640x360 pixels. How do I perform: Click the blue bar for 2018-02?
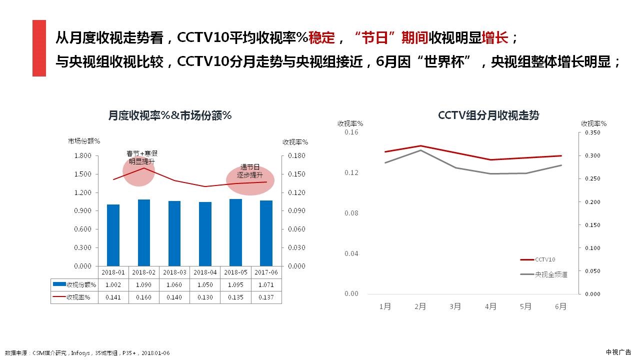144,232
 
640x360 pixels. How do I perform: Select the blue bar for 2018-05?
235,232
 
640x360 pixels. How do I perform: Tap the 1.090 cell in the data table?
144,284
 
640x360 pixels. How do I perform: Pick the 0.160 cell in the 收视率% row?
144,297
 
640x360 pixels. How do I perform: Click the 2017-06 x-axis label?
266,272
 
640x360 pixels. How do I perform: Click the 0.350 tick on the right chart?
592,132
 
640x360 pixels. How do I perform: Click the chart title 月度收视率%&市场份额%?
170,115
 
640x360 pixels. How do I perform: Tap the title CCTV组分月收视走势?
488,115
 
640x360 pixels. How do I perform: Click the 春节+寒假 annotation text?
142,153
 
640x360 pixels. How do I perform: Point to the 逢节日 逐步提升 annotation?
250,171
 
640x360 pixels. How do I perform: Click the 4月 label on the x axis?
490,306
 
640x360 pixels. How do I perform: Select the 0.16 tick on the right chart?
351,132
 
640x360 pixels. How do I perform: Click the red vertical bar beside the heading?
39,48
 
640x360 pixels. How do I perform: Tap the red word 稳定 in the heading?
322,37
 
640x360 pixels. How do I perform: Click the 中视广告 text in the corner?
618,352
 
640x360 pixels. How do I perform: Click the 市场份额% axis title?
84,141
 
